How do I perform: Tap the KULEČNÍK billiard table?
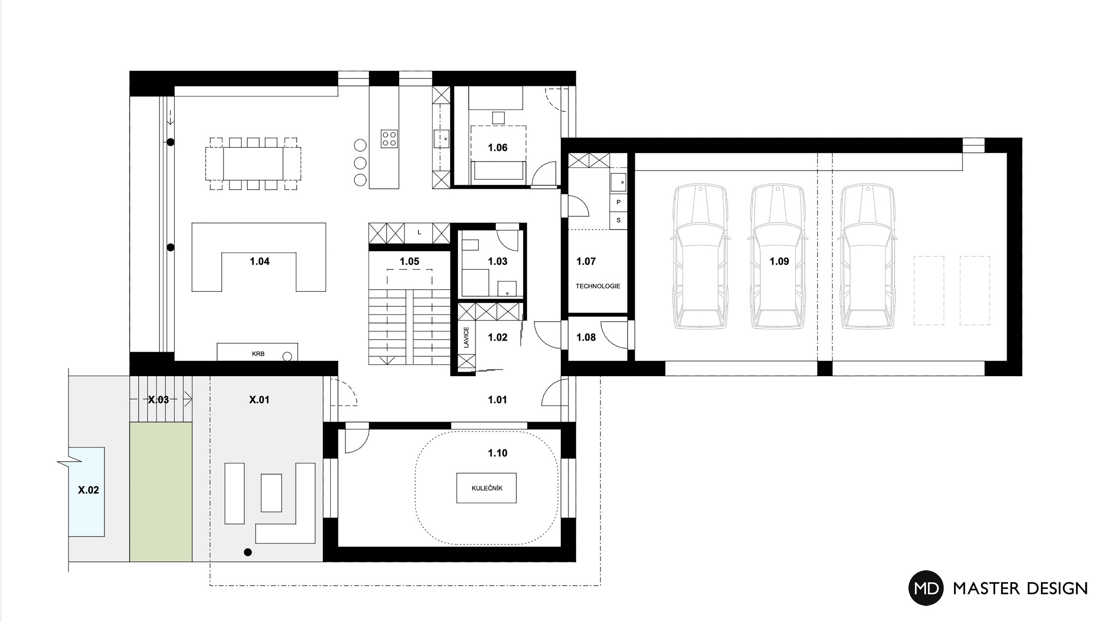(x=486, y=488)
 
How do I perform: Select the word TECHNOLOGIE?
(x=598, y=286)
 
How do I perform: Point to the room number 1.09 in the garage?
(x=779, y=261)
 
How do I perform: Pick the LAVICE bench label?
(x=466, y=337)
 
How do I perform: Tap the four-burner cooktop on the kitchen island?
(x=389, y=139)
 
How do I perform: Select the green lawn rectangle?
(x=161, y=491)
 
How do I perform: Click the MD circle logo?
(x=926, y=588)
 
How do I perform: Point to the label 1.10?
(x=497, y=453)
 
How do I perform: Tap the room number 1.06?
(x=497, y=148)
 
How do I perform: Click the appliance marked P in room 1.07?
(x=618, y=202)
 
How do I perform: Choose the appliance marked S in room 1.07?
(x=618, y=220)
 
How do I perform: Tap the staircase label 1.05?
(x=409, y=261)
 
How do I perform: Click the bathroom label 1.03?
(x=497, y=261)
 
